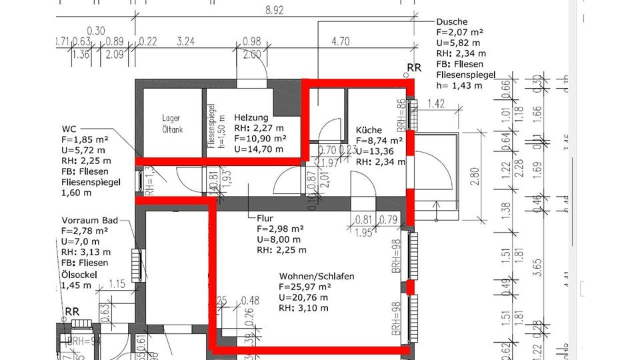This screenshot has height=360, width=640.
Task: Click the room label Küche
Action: point(367,130)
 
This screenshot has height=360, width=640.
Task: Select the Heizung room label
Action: point(251,118)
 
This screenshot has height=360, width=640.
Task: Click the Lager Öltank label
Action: point(171,123)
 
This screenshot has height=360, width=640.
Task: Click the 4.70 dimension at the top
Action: point(340,41)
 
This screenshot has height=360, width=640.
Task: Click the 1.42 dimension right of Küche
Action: point(436,103)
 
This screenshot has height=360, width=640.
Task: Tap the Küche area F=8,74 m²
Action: point(379,141)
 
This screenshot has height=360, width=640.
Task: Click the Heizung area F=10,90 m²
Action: point(260,138)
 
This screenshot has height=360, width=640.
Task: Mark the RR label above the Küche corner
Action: point(414,68)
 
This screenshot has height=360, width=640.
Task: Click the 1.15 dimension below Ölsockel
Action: point(117,284)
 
